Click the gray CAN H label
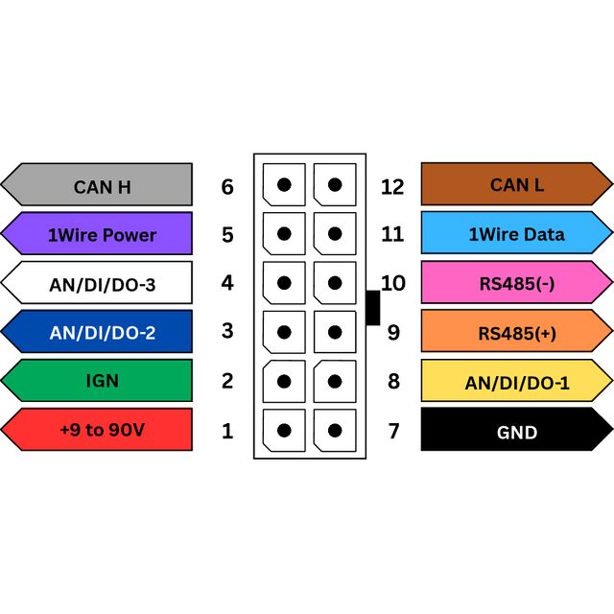point(97,184)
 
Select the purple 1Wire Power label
point(97,233)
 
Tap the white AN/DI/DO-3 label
point(97,282)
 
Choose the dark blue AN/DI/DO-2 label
point(97,332)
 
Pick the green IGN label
point(97,381)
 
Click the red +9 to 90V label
point(97,430)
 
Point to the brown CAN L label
point(517,184)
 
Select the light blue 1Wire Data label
point(517,233)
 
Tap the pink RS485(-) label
point(517,282)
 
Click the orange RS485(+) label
point(517,331)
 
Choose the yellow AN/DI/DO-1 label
point(517,381)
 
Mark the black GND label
point(517,429)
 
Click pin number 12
point(392,187)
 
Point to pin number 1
point(227,431)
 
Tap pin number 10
point(393,283)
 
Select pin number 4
point(227,283)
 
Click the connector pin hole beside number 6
point(284,184)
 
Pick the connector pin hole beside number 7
point(335,431)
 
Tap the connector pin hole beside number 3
point(284,332)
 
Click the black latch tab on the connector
point(373,308)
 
